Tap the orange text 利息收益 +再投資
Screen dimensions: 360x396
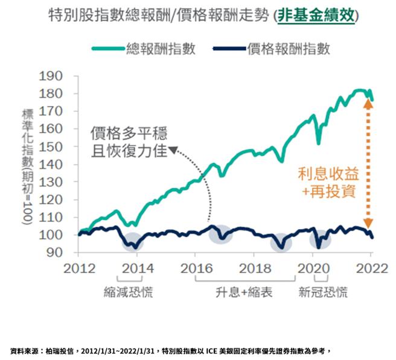click(328, 183)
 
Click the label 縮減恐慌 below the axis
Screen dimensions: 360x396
click(127, 293)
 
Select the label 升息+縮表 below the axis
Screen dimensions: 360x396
click(244, 293)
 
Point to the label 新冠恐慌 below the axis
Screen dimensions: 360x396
click(323, 293)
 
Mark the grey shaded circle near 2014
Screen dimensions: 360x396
click(132, 241)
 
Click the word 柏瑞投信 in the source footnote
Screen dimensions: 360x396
click(58, 350)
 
